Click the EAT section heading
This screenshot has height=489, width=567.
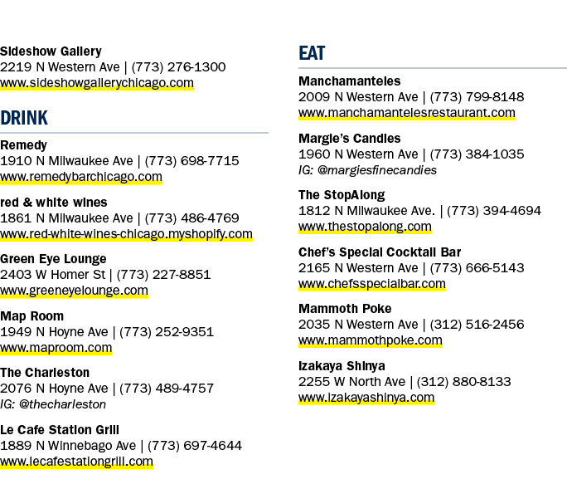[x=312, y=53]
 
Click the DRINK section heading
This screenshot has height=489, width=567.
[x=24, y=118]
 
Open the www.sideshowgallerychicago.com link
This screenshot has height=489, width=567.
[x=97, y=83]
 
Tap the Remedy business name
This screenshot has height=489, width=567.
[x=23, y=145]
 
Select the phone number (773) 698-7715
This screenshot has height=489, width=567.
[x=191, y=161]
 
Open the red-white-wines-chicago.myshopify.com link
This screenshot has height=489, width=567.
[x=126, y=234]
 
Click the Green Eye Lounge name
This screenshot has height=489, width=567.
[x=53, y=259]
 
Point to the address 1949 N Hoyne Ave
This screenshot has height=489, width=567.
[x=54, y=332]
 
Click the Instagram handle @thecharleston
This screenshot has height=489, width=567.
[x=62, y=404]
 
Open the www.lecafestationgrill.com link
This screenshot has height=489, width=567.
[x=76, y=462]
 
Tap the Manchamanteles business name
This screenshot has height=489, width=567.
[x=349, y=81]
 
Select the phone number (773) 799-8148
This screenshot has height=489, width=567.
[x=477, y=97]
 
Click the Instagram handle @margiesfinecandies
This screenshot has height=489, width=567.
[x=377, y=170]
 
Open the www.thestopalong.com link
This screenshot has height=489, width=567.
[x=365, y=227]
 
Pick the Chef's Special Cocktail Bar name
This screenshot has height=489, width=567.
[x=380, y=252]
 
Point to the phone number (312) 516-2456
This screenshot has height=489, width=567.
[x=477, y=325]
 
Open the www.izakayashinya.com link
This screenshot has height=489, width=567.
[x=366, y=398]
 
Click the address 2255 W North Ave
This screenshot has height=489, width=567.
[x=351, y=382]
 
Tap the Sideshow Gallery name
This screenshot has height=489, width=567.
[x=51, y=51]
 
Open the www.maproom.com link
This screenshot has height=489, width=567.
[x=56, y=348]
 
